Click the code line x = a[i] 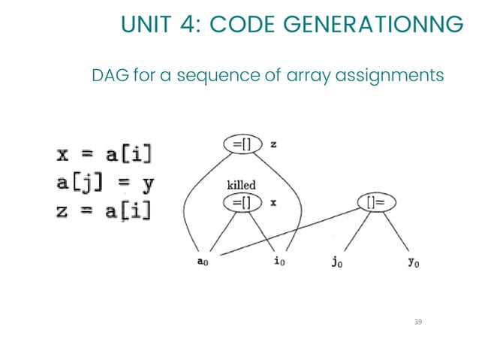coord(104,156)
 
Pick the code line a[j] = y coord(104,183)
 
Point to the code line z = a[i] coord(104,211)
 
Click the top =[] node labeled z coord(243,144)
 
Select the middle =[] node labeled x coord(243,202)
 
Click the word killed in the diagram coord(241,184)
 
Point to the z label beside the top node coord(273,144)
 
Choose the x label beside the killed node coord(273,202)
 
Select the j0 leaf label coord(336,264)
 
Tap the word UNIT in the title coord(147,26)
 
